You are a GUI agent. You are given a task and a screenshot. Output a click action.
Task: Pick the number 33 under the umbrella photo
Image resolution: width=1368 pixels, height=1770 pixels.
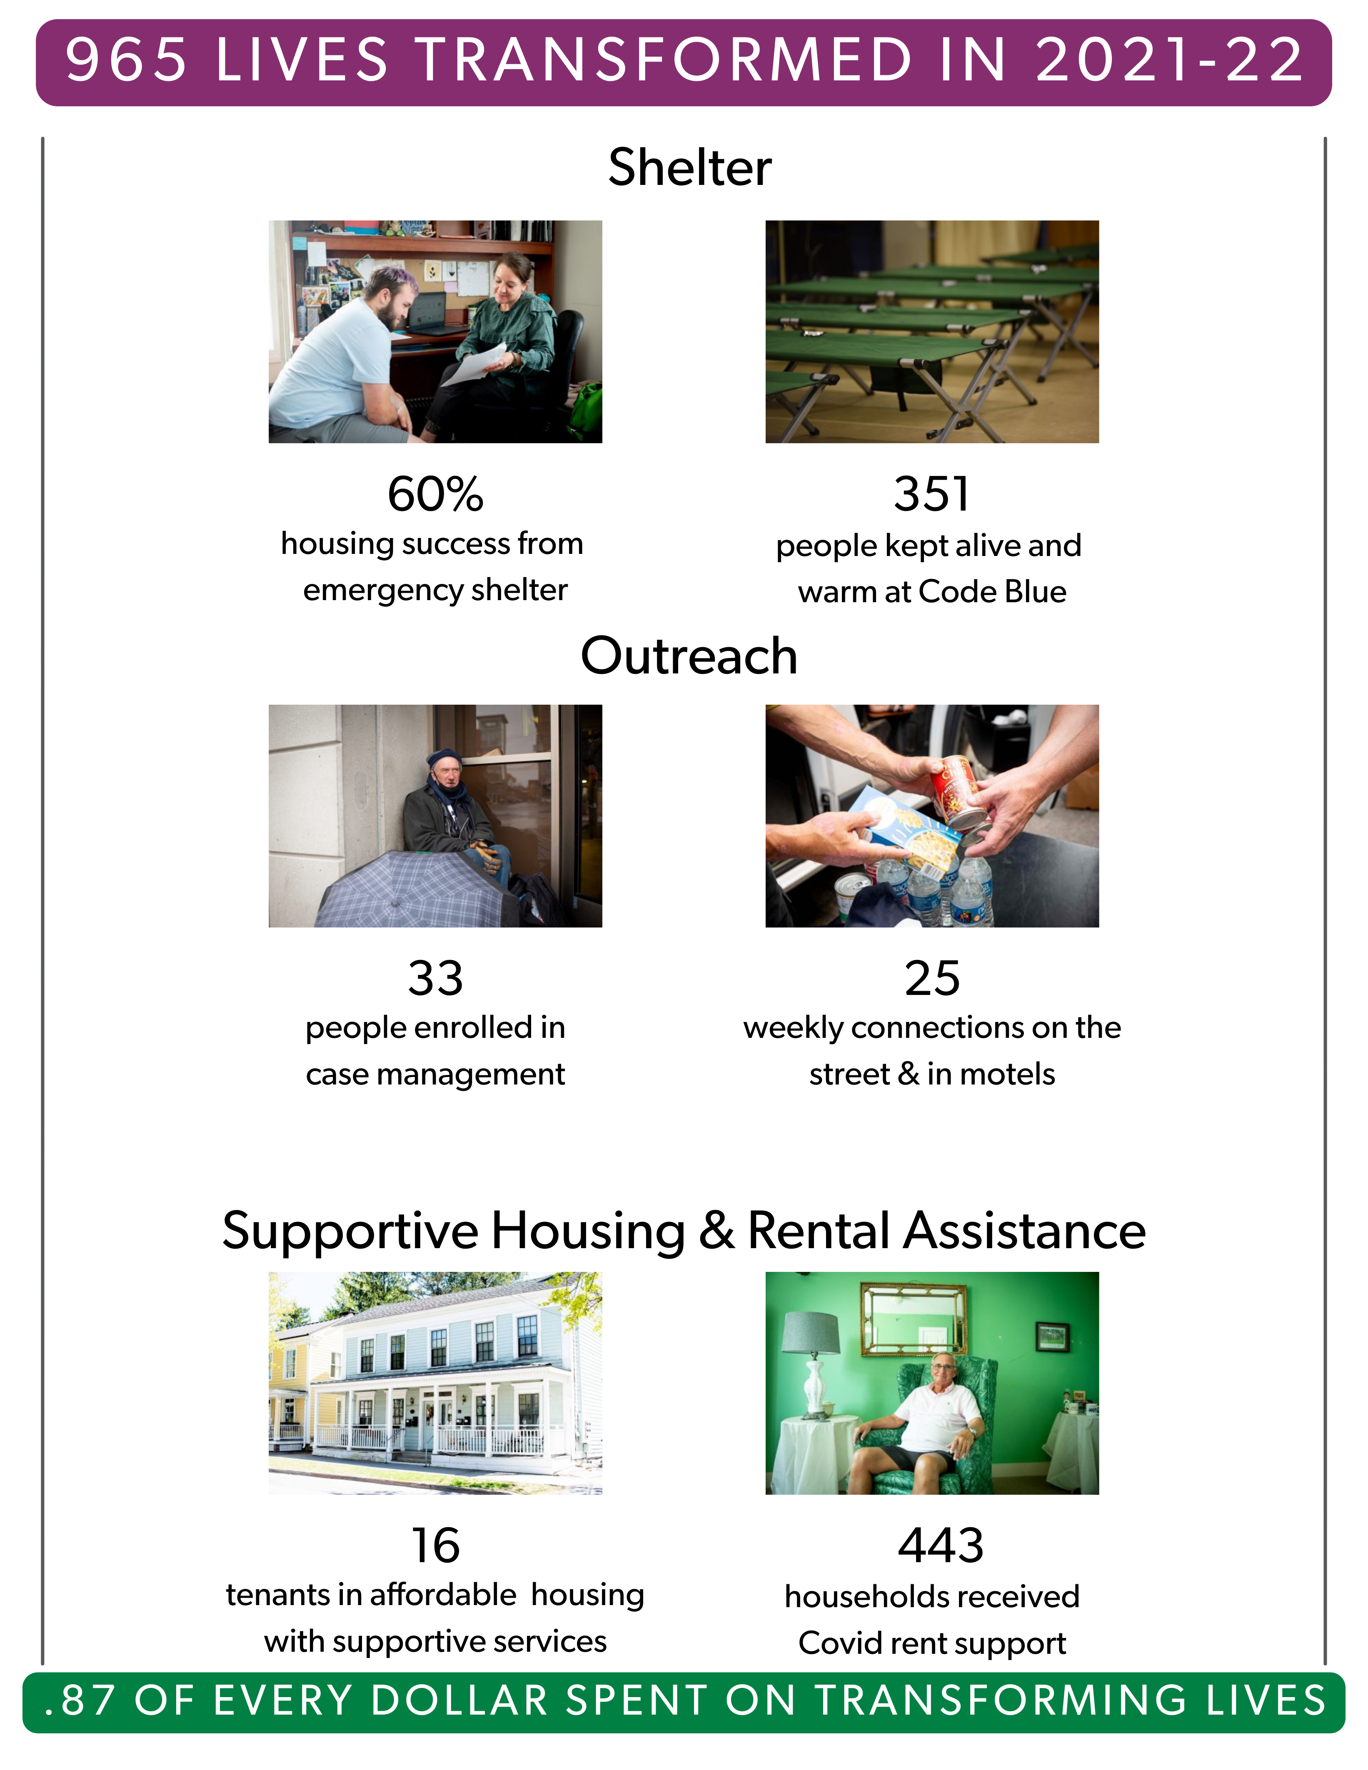pyautogui.click(x=435, y=978)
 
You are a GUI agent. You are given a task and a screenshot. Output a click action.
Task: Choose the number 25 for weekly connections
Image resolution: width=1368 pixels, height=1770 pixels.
pyautogui.click(x=932, y=978)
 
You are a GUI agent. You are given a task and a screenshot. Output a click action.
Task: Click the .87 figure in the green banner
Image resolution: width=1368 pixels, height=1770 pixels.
pyautogui.click(x=80, y=1700)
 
